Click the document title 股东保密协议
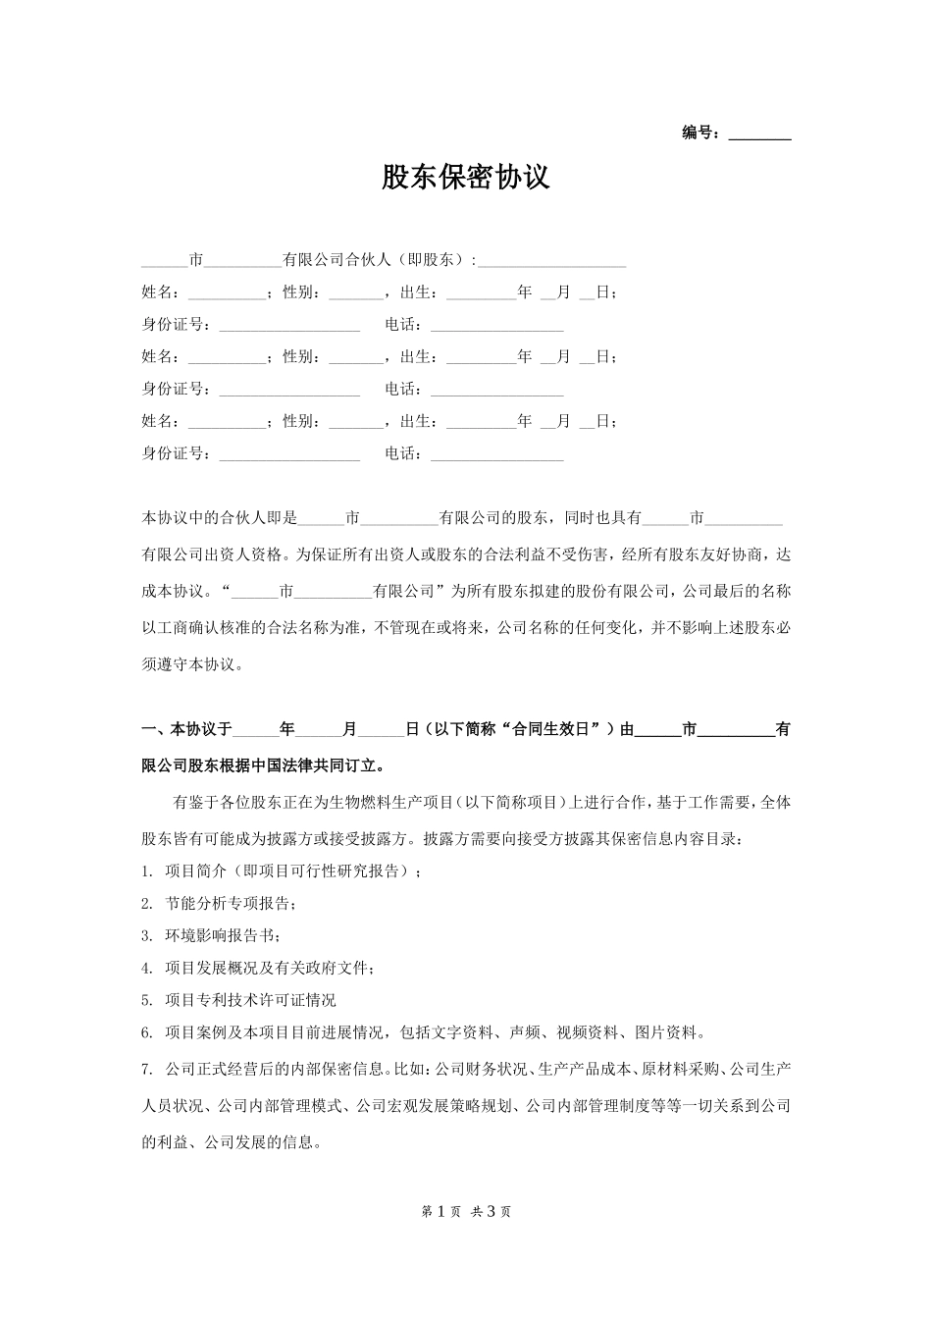click(466, 178)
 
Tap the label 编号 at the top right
click(700, 133)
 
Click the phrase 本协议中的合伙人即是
click(220, 517)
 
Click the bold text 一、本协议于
click(187, 730)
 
